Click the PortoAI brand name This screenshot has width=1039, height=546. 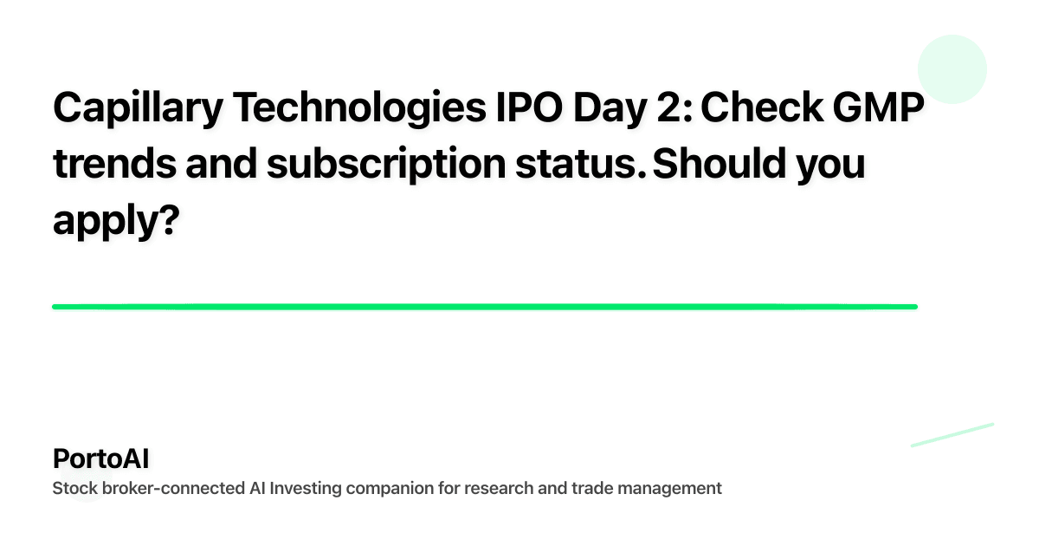[100, 458]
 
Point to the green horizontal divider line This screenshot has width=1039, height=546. [485, 306]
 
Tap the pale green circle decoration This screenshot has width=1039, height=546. [952, 69]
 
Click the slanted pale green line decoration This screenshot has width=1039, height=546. [952, 434]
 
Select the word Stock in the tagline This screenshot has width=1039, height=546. [74, 488]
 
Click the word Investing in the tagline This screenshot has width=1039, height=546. [305, 488]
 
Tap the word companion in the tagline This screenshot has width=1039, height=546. [384, 488]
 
